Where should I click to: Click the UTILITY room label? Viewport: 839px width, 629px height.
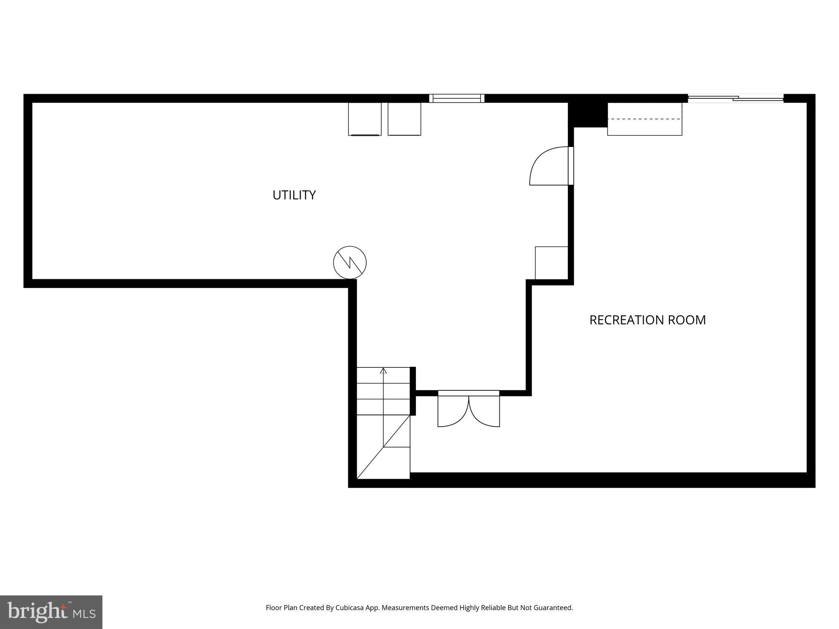294,195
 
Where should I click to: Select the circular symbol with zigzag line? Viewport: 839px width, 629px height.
350,262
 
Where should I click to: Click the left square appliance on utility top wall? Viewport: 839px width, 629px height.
365,119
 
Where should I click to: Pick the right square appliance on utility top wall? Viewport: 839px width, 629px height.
404,119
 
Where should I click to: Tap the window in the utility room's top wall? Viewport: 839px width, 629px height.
457,98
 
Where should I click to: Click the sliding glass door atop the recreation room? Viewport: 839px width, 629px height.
735,98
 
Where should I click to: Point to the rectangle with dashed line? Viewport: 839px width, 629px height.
644,119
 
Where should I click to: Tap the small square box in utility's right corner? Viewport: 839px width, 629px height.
551,263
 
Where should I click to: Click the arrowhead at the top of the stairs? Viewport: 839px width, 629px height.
383,371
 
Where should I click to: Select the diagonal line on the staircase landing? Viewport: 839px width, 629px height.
383,447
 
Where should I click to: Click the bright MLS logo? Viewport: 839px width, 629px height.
51,612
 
